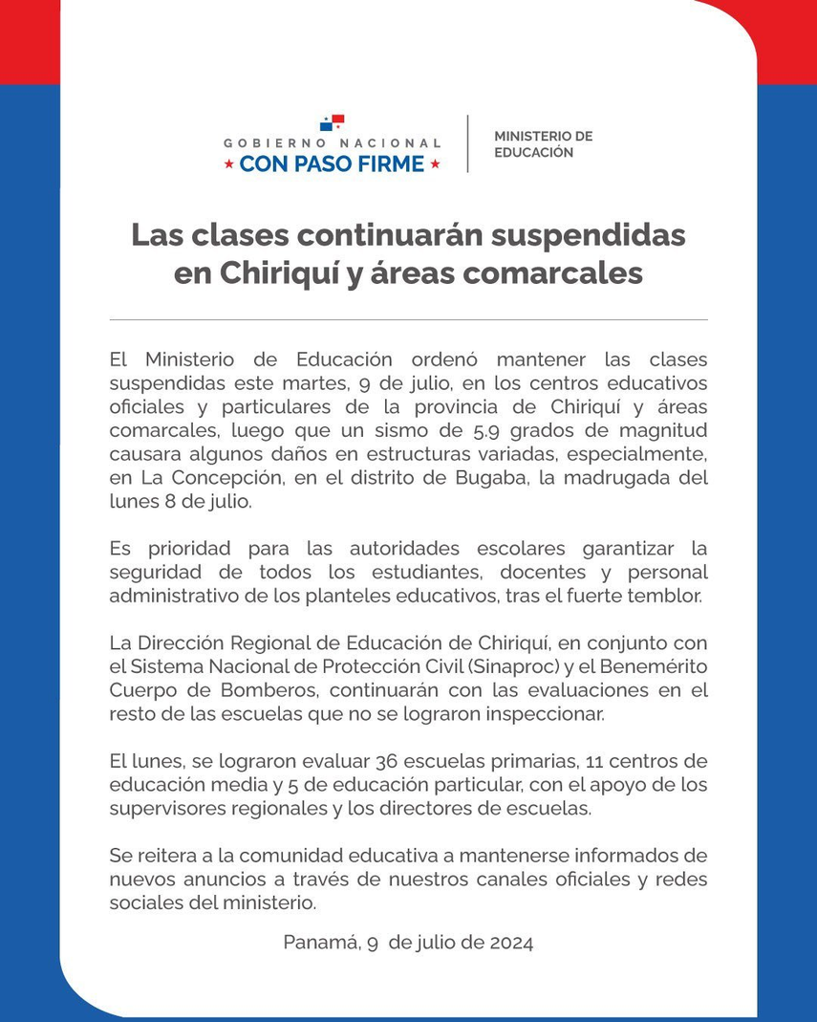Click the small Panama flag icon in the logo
pyautogui.click(x=332, y=122)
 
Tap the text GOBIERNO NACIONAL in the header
pyautogui.click(x=333, y=143)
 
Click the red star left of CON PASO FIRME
pyautogui.click(x=228, y=164)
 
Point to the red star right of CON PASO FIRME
pyautogui.click(x=436, y=164)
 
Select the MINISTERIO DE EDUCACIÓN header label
pyautogui.click(x=543, y=144)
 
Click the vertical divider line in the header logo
pyautogui.click(x=467, y=143)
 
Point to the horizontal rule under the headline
pyautogui.click(x=408, y=319)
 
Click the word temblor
pyautogui.click(x=669, y=597)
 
